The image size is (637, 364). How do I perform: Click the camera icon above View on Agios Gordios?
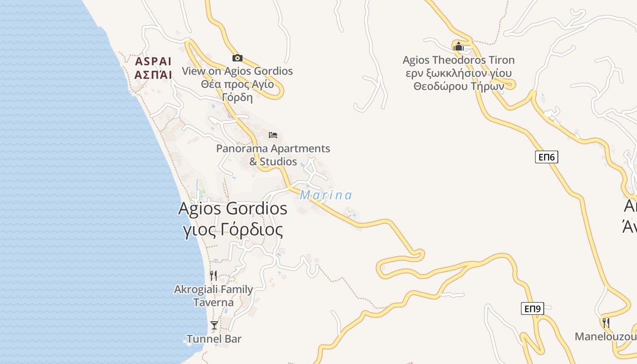pos(237,58)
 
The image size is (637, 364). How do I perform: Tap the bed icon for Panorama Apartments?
pos(273,135)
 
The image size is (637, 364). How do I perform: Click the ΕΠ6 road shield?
pos(546,157)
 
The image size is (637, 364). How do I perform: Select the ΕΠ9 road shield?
pos(532,309)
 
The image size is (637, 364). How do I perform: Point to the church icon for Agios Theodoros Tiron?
pos(459,46)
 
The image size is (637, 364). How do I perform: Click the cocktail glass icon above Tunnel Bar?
pos(214,325)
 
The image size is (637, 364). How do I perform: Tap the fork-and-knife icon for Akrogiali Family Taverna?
pos(213,275)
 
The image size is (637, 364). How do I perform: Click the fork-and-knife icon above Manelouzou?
pos(606,323)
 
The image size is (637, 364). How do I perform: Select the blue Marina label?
pos(326,195)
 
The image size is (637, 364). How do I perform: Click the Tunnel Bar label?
pos(214,339)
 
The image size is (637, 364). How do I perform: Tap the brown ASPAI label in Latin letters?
pos(153,61)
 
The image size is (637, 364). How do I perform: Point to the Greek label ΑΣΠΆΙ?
pos(153,75)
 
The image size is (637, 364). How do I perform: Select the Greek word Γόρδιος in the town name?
pos(249,229)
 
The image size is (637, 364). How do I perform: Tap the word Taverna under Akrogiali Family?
pos(213,303)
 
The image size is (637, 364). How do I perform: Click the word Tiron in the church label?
pos(499,60)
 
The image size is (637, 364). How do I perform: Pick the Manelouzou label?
pos(605,337)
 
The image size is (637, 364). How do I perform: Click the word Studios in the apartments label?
pos(278,162)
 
